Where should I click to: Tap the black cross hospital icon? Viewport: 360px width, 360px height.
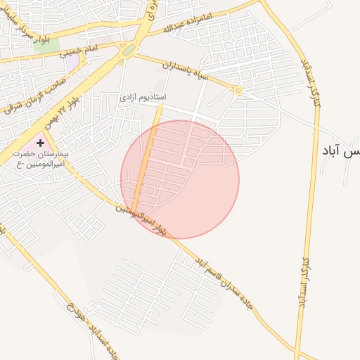[40, 143]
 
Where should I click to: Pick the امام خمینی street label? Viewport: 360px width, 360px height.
[78, 51]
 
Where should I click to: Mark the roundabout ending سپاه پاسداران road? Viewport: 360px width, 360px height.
[238, 90]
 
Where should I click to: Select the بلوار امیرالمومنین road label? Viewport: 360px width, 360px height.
[144, 218]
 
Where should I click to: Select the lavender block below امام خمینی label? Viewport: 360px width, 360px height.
[72, 62]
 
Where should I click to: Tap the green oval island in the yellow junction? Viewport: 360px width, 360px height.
[128, 50]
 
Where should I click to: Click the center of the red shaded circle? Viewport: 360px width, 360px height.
[180, 179]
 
